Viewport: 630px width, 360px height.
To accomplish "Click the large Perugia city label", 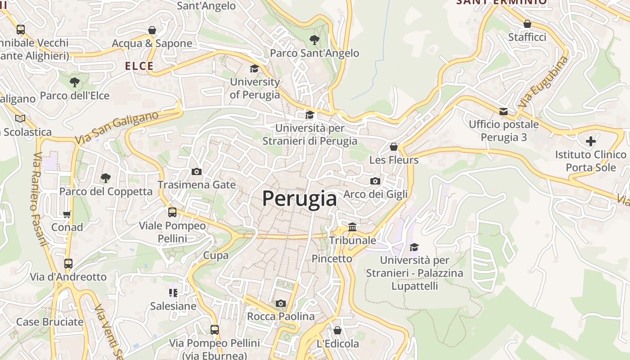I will [x=299, y=198].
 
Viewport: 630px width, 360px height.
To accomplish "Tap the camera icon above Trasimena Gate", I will [x=197, y=171].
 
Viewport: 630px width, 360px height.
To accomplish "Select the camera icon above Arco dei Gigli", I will [x=375, y=181].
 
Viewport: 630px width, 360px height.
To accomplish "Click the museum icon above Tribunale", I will [x=352, y=227].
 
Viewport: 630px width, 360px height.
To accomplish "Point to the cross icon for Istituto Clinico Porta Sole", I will [x=591, y=141].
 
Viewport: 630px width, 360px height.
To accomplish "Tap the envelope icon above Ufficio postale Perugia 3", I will [x=504, y=111].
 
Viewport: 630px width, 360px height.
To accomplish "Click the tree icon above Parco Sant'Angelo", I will [x=315, y=40].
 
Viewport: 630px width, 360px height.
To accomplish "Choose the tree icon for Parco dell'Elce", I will [x=75, y=82].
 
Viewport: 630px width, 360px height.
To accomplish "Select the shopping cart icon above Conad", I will [x=67, y=214].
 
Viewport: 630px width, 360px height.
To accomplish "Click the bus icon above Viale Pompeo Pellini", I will [x=172, y=212].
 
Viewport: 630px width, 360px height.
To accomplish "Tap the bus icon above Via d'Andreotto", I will [x=68, y=264].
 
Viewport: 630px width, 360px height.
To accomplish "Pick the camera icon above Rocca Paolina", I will [x=281, y=303].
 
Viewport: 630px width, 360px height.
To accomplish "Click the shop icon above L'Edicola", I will [x=337, y=330].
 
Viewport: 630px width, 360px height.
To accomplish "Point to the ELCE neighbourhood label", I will [x=139, y=66].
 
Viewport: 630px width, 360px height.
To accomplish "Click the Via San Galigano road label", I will [x=117, y=127].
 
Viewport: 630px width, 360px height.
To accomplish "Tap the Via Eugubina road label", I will [x=543, y=81].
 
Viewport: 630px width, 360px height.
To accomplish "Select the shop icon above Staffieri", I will [x=527, y=24].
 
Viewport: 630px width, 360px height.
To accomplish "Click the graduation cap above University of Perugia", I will [x=255, y=69].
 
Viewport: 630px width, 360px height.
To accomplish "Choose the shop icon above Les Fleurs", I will [x=394, y=147].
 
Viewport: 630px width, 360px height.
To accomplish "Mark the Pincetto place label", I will [x=332, y=259].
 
